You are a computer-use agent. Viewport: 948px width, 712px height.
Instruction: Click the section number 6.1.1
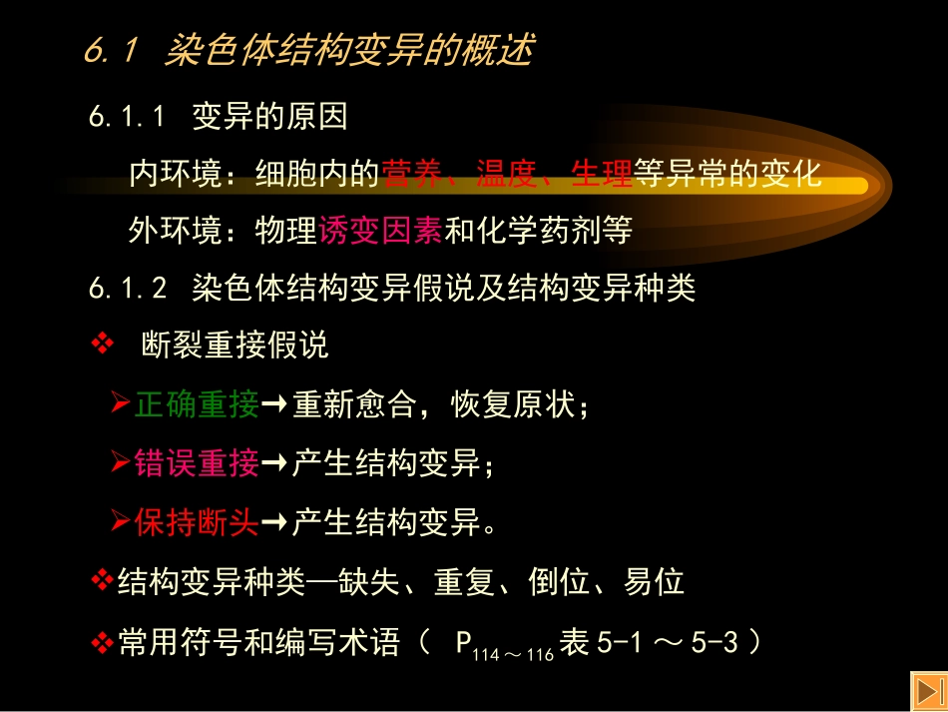[127, 118]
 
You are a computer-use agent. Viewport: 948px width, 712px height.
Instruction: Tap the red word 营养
[411, 175]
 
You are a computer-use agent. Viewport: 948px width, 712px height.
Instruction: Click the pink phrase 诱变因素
[380, 232]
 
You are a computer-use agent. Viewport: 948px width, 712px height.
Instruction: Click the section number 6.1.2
[127, 289]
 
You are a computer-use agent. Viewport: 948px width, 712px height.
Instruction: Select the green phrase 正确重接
[197, 404]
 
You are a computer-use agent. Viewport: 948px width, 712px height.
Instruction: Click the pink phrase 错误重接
[197, 463]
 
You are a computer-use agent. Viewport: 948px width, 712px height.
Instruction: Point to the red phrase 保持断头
[197, 522]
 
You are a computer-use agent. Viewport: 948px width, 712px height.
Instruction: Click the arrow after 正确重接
[275, 405]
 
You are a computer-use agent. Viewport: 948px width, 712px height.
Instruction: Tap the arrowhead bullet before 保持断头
[120, 522]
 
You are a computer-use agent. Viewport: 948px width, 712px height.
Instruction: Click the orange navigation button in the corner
[927, 691]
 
